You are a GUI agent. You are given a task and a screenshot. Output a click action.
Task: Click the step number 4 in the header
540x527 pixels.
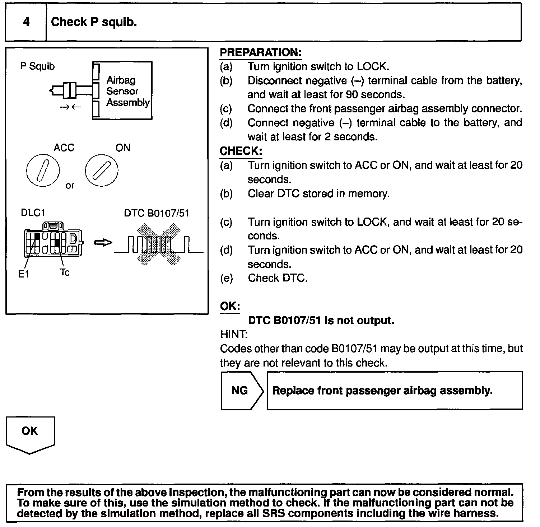[26, 22]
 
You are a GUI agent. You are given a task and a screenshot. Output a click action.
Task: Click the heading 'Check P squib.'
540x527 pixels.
[94, 22]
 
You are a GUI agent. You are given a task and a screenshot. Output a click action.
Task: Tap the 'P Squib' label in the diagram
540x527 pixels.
[37, 66]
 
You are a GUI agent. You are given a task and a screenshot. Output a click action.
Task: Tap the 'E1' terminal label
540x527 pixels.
[24, 274]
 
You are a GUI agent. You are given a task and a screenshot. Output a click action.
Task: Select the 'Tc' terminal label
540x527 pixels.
[65, 272]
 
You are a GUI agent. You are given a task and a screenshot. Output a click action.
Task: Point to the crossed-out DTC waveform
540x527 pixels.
[158, 244]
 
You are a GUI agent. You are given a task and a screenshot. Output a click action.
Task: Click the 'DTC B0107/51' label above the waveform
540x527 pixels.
[157, 213]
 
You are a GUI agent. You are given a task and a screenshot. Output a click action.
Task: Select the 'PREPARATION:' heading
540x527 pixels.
[260, 52]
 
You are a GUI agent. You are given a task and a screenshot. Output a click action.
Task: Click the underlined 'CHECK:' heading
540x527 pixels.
[241, 151]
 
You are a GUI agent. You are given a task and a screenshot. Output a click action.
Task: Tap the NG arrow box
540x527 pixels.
[241, 390]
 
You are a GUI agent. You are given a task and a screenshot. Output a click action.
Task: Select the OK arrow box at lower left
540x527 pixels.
[30, 433]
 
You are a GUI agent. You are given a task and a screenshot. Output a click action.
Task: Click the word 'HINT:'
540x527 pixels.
[233, 334]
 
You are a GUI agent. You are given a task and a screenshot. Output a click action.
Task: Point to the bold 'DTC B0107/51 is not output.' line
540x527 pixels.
[321, 320]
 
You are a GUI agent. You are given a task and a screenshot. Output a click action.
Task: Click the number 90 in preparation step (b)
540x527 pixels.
[352, 94]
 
